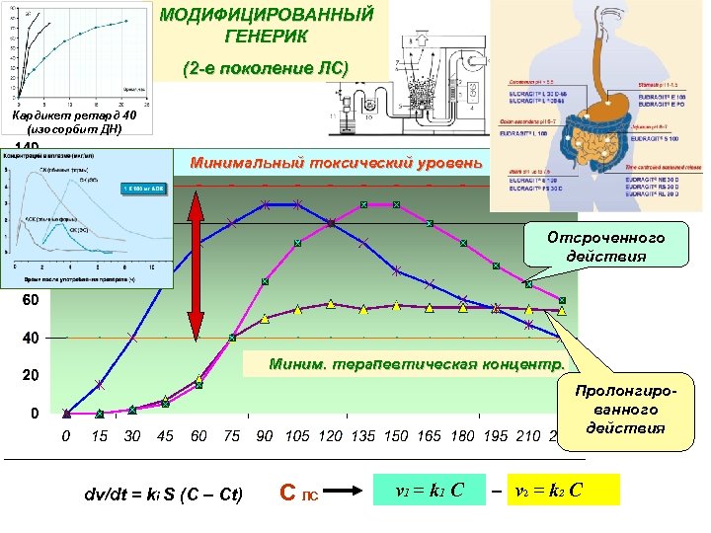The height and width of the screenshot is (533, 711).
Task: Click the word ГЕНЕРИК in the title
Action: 267,38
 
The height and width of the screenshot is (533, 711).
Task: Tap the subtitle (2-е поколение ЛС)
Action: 267,68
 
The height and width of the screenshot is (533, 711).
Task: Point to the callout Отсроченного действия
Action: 605,247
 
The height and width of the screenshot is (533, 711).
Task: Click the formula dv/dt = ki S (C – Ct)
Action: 164,494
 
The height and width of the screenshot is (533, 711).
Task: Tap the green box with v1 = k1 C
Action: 430,490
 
